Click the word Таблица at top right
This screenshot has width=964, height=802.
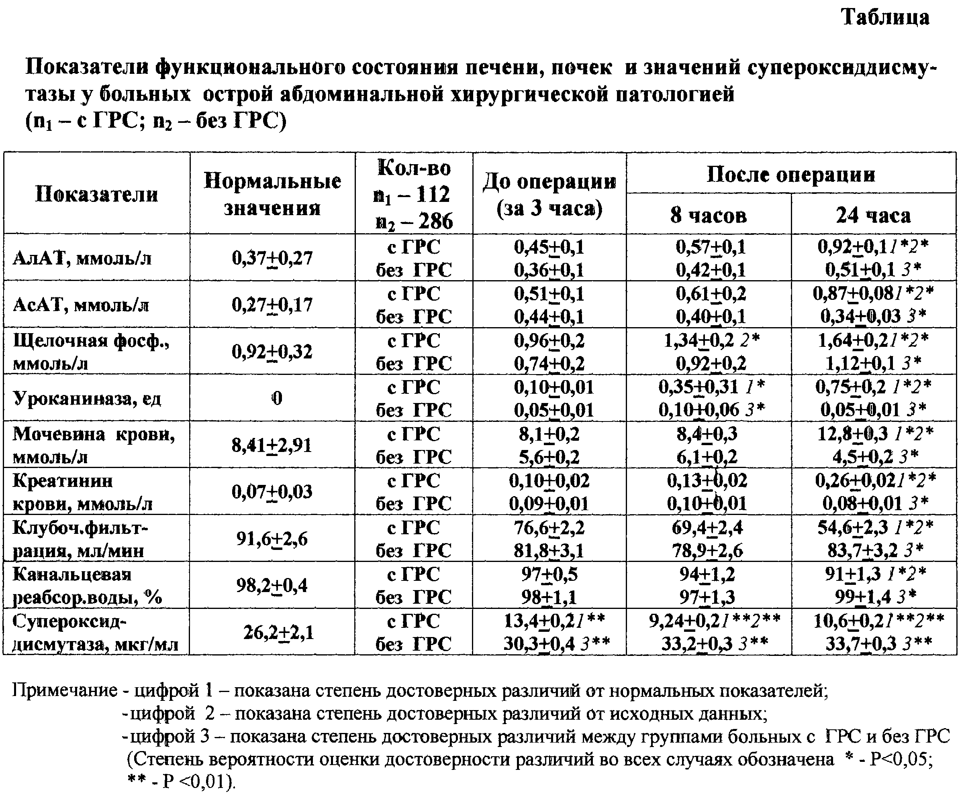point(885,18)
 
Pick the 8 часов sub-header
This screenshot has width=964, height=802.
point(708,215)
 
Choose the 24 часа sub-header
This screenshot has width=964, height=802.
point(873,215)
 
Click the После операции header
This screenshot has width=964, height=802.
point(790,175)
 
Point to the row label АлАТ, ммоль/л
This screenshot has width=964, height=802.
point(83,259)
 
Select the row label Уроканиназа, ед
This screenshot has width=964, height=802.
point(87,398)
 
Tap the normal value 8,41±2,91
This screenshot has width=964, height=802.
point(272,445)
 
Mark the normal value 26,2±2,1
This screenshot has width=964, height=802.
point(279,633)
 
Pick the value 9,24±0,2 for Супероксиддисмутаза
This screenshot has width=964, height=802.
point(684,621)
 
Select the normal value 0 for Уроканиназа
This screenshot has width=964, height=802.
point(276,398)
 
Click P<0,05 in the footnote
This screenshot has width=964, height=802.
point(902,759)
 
